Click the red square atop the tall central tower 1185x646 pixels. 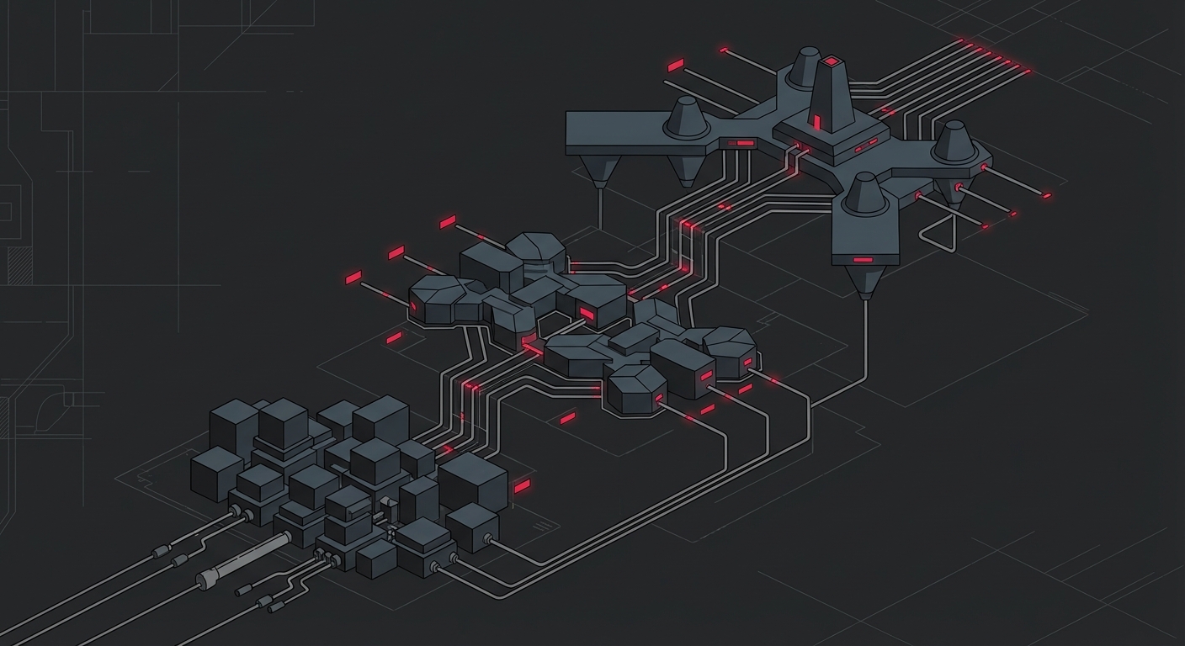pos(832,61)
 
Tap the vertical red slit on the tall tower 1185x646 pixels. pos(816,123)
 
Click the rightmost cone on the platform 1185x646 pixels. pos(954,141)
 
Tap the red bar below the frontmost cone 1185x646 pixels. pos(863,260)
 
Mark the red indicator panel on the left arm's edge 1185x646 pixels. pos(743,144)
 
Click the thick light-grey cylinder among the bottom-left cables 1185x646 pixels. pos(230,569)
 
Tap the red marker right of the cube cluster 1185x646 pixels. pos(522,486)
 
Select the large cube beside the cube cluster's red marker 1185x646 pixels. pos(472,480)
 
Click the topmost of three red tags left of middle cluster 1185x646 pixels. pos(447,222)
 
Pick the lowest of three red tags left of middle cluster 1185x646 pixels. pos(353,278)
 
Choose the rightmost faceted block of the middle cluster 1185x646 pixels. pos(729,350)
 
